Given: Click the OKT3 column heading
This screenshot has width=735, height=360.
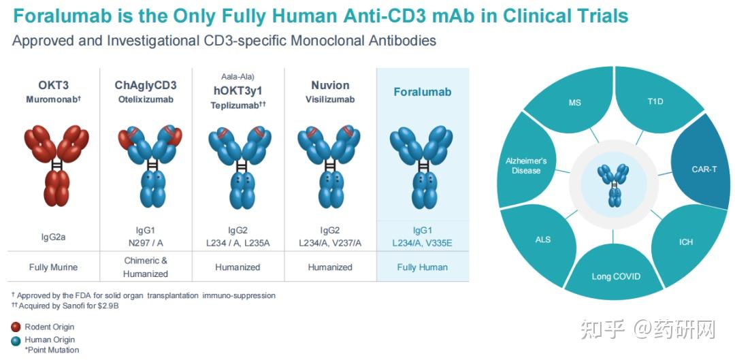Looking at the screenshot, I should point(53,85).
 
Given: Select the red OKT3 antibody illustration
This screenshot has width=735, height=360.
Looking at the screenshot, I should point(57,161).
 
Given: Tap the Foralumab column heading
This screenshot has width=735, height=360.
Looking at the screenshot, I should point(422,92).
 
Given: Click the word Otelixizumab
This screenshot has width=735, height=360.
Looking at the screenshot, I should point(146,99).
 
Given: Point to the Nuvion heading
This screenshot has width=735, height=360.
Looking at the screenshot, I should point(330,85).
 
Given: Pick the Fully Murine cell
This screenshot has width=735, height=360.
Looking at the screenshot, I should point(53,267).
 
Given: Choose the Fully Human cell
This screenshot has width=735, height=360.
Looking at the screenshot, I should point(422,267).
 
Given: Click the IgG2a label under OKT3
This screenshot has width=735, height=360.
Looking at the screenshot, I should point(53,237).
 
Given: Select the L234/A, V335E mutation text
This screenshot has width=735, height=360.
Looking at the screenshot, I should point(422,243).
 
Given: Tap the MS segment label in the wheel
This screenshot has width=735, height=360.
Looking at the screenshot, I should point(575,103).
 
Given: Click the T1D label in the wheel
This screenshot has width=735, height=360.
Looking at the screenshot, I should point(656,101).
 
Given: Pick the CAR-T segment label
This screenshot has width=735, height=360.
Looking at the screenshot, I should point(704,169).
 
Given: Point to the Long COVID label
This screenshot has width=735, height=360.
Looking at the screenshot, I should point(616,276).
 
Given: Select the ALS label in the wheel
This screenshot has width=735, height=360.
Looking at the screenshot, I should point(543,240).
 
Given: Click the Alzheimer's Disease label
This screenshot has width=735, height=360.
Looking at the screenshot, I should point(526,165).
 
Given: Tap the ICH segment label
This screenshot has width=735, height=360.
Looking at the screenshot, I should point(686,242).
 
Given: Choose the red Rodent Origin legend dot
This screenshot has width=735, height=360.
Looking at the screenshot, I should point(16,327).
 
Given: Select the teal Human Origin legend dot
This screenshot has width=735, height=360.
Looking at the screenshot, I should point(16,340).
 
